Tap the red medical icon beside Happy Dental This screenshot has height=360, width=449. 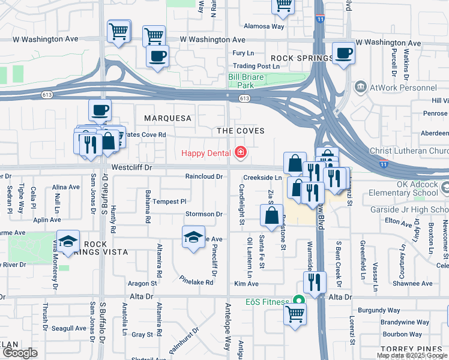click(241, 153)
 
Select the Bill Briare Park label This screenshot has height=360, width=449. click(250, 81)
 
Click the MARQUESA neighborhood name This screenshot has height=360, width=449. click(167, 118)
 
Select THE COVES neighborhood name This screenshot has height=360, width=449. click(241, 131)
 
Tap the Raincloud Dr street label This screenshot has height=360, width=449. click(204, 177)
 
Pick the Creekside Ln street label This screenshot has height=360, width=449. click(262, 178)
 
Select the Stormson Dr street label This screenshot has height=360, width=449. click(204, 214)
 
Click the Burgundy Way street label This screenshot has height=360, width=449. click(378, 311)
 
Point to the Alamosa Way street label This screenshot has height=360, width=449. click(264, 26)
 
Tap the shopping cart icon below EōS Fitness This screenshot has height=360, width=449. click(295, 313)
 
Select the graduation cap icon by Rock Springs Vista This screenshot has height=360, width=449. click(68, 241)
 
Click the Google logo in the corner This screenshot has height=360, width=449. click(20, 353)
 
